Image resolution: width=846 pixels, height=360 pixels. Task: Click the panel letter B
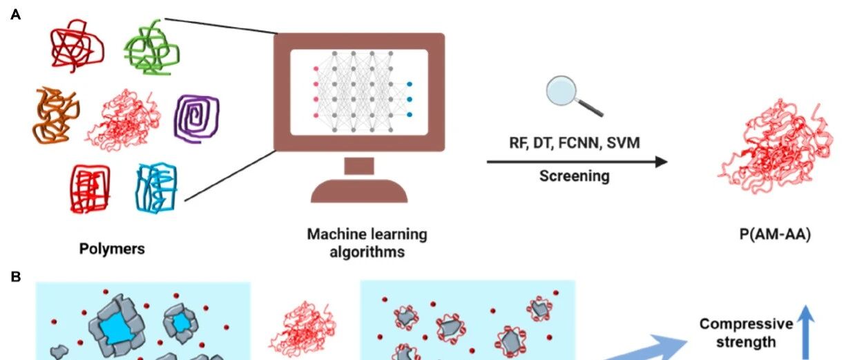pyautogui.click(x=15, y=276)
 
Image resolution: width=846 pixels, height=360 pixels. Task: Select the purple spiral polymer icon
pyautogui.click(x=197, y=118)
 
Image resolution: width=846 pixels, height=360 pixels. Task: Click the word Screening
pyautogui.click(x=575, y=176)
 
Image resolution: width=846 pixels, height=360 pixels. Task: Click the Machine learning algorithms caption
pyautogui.click(x=367, y=243)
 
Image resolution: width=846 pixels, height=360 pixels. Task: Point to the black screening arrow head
pyautogui.click(x=661, y=162)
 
